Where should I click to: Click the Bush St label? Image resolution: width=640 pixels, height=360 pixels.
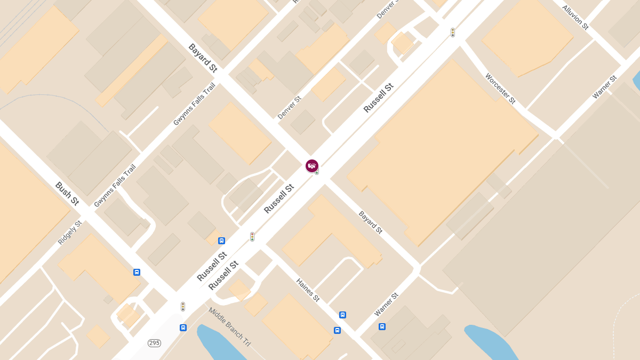point(67,194)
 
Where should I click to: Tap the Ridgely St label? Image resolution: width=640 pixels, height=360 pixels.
point(70,233)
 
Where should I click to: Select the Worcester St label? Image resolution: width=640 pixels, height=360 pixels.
point(500,89)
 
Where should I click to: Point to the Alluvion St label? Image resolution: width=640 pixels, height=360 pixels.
point(575,17)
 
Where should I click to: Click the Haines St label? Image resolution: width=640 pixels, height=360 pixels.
point(308,290)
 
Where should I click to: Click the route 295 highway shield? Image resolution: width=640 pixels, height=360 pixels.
point(155,343)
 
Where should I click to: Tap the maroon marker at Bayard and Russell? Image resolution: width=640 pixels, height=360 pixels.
point(312,166)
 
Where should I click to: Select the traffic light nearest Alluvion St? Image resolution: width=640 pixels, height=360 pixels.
point(453,33)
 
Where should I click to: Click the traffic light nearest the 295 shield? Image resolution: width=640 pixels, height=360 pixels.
point(183,307)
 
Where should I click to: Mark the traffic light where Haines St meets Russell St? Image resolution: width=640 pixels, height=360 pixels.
point(252,236)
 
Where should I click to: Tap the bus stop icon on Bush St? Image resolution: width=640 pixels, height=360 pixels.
point(137,272)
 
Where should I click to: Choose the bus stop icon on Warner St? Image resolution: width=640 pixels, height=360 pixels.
point(382,326)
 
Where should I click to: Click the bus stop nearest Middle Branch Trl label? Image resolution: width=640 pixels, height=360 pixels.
point(183,327)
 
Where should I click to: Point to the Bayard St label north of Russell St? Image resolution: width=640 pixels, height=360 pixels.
point(203,58)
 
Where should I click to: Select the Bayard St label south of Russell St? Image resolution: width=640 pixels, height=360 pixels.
point(371,222)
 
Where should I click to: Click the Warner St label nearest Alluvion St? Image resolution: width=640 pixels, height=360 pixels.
point(604,87)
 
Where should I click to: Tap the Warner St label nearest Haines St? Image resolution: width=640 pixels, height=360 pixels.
point(386,304)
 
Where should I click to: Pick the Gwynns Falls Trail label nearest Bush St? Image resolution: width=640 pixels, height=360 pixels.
point(115,186)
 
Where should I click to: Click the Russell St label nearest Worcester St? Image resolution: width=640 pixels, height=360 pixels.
point(378,98)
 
